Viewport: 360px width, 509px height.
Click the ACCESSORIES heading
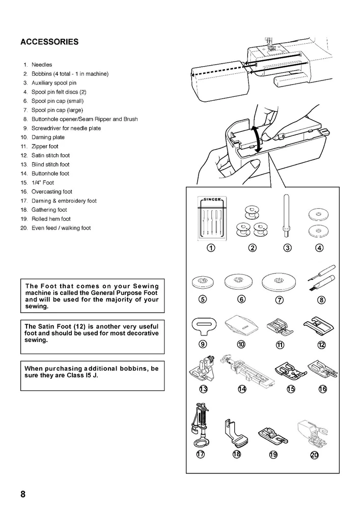pyautogui.click(x=49, y=42)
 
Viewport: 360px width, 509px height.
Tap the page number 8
pyautogui.click(x=23, y=494)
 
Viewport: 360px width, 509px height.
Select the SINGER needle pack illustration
pyautogui.click(x=211, y=219)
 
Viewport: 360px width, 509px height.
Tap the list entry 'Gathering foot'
pyautogui.click(x=49, y=210)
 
